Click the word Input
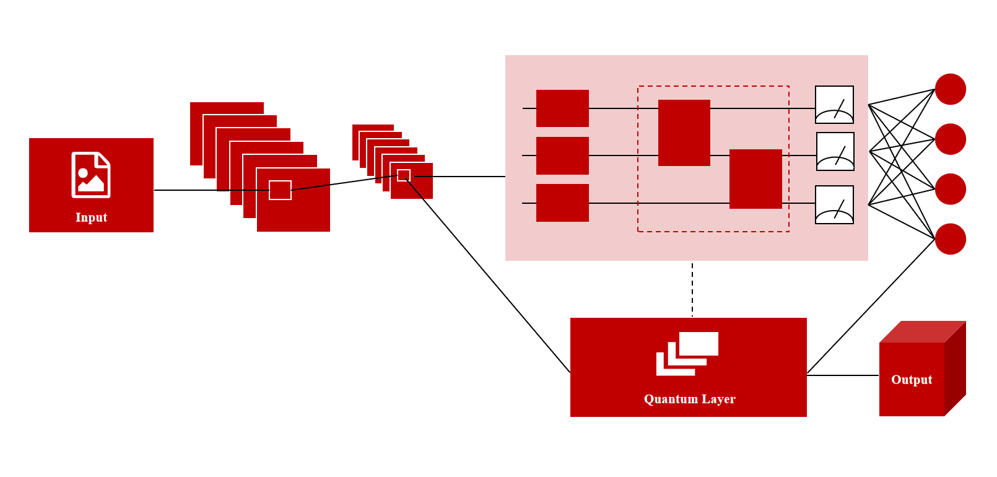[x=91, y=217]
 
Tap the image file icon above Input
[x=91, y=175]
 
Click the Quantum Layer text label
[x=689, y=399]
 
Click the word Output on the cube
[x=912, y=380]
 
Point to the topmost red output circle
[x=951, y=89]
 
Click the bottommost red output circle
[x=951, y=239]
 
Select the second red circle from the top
[x=951, y=139]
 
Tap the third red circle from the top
[x=951, y=189]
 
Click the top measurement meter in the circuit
[x=834, y=105]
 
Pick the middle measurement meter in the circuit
[x=835, y=152]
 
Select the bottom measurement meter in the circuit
[x=834, y=204]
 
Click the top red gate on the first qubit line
[x=562, y=108]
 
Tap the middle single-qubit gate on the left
[x=562, y=155]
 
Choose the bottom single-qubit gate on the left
[x=562, y=203]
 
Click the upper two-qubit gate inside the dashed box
[x=684, y=133]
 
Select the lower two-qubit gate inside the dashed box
[x=755, y=179]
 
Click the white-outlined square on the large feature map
[x=280, y=190]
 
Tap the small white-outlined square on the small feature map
[x=404, y=175]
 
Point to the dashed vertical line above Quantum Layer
[x=692, y=289]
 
